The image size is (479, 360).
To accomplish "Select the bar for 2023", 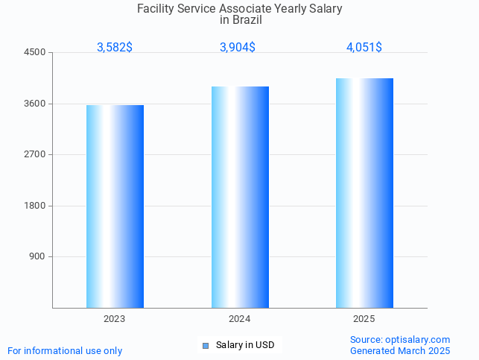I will (x=115, y=206).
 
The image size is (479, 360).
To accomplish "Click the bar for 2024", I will (x=240, y=197).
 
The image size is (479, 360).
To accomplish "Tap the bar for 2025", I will (x=364, y=193).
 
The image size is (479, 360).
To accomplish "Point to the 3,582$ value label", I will (x=115, y=47).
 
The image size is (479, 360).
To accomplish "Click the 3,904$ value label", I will (x=238, y=47).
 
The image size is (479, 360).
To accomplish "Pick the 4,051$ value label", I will (x=364, y=47).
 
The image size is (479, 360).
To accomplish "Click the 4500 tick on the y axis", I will (x=35, y=52).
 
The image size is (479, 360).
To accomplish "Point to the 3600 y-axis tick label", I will (x=35, y=104).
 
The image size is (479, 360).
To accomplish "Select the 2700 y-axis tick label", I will (x=35, y=154).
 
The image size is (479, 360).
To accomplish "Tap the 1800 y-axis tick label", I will (x=35, y=206).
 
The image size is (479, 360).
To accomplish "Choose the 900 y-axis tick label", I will (x=37, y=256).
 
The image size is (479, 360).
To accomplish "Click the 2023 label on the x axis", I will (x=115, y=319).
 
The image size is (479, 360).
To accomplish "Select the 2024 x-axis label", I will (x=240, y=319).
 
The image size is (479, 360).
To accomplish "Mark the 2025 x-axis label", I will (x=364, y=319).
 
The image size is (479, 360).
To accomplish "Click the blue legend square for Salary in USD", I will (x=206, y=345).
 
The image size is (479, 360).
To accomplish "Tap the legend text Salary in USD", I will (x=245, y=345).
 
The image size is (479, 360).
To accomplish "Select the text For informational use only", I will (x=65, y=350).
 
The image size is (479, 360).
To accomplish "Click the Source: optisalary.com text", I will (x=400, y=340).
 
